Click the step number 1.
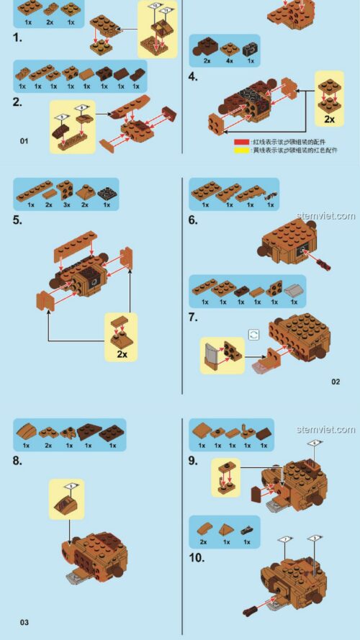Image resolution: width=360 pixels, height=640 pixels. [x=17, y=35]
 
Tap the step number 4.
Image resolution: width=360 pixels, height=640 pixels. [x=192, y=76]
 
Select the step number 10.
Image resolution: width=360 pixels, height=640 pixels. [x=197, y=557]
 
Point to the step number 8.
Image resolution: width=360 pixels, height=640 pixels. [x=18, y=458]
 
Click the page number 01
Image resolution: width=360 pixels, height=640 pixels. [x=24, y=141]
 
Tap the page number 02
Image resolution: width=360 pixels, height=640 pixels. [x=336, y=381]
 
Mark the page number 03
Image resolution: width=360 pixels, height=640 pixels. [x=24, y=622]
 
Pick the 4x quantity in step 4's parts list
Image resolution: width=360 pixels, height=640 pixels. [x=230, y=61]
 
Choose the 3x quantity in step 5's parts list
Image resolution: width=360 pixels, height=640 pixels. [x=66, y=204]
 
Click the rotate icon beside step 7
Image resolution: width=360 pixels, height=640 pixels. [x=253, y=334]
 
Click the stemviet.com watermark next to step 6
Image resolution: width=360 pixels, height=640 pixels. [x=325, y=216]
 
